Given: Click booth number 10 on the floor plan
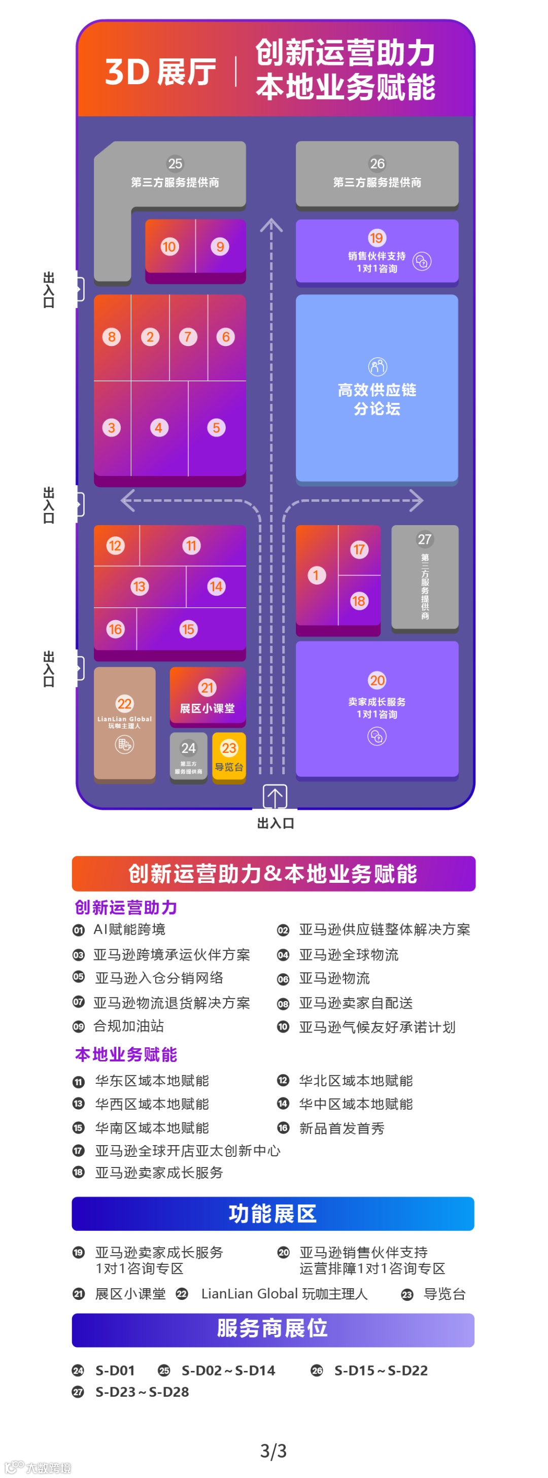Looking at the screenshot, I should [168, 247].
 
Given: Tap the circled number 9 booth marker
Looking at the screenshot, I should [220, 247].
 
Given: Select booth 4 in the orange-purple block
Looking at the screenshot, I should [158, 427].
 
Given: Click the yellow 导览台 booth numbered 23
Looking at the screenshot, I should [229, 755].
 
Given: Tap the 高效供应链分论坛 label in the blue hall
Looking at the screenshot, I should [377, 399].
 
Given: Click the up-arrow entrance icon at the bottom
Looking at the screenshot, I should [275, 797].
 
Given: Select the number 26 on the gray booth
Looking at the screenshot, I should [377, 164].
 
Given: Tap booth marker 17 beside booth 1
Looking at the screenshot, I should [359, 549].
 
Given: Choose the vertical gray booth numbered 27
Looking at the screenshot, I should [425, 576].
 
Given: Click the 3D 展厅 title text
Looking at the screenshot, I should [160, 72].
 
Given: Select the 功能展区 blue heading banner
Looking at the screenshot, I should [273, 1214].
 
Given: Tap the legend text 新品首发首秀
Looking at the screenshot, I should [341, 1128].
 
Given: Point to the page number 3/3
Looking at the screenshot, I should [273, 1450].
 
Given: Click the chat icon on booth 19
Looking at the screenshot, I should [422, 262].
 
